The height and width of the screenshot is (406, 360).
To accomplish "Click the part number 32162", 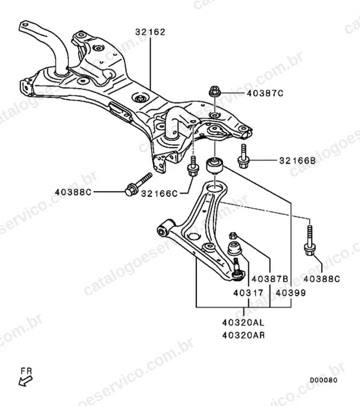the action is [150, 32].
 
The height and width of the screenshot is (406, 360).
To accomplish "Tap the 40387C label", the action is [265, 93].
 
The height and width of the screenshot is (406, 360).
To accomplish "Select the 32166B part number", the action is [297, 161].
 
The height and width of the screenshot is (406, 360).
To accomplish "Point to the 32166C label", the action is [159, 193].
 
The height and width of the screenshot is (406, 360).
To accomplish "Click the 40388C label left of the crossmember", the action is [73, 192].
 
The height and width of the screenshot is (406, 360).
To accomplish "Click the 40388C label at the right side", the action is [322, 279].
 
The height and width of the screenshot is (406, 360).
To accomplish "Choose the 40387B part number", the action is [270, 279].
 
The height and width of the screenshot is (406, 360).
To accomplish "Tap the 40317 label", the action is [248, 293].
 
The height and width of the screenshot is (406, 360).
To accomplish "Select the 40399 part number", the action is [291, 293].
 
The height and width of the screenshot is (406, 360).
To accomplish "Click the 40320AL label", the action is [243, 323].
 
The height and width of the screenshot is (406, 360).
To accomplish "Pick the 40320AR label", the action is [243, 335].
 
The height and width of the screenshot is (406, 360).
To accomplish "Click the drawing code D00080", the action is [324, 380].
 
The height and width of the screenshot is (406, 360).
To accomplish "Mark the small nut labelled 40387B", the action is [233, 236].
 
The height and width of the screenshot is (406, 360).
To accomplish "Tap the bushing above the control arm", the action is [215, 166].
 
